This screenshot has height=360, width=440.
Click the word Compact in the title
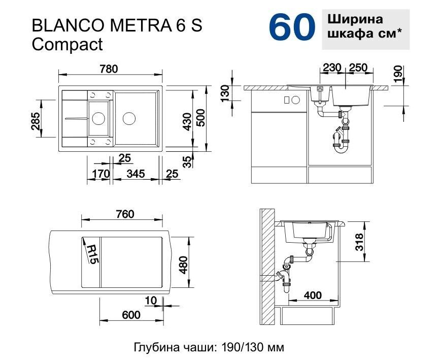click(x=67, y=44)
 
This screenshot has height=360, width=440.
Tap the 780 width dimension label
click(x=109, y=69)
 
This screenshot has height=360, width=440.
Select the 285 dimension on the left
click(x=36, y=121)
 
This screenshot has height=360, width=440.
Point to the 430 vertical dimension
click(x=187, y=121)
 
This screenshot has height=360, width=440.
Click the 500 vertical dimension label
click(x=201, y=118)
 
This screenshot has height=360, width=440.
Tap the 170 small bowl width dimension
click(x=101, y=174)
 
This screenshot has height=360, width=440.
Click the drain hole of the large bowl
click(x=129, y=118)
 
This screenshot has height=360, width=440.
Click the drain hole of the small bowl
click(x=99, y=118)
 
